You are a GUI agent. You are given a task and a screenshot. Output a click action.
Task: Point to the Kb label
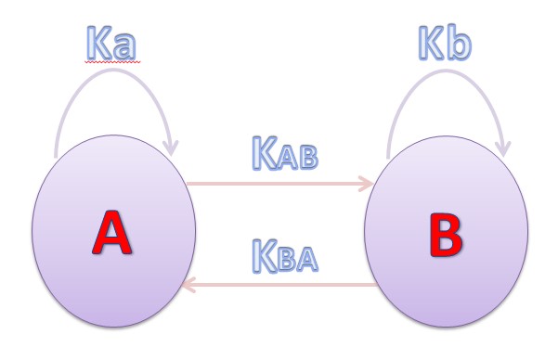[x=441, y=45]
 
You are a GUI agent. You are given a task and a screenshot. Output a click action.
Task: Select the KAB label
[x=284, y=152]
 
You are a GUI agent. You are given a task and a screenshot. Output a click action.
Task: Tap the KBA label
[x=284, y=255]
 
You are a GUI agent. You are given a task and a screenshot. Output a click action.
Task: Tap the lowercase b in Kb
[x=458, y=45]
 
